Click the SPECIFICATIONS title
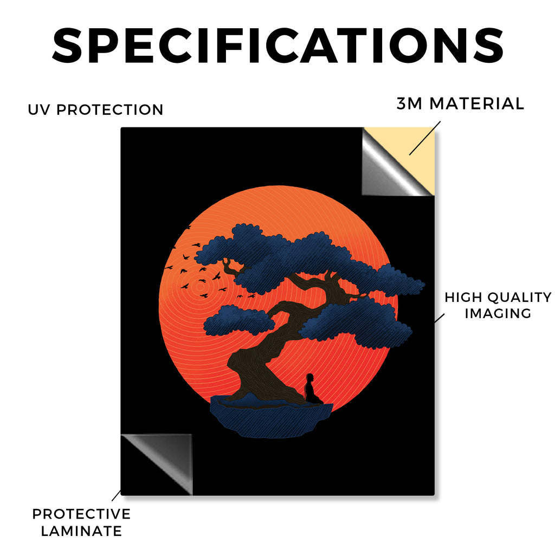[x=278, y=46]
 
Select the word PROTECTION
[x=109, y=109]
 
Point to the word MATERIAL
[x=476, y=104]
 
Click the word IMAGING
[x=498, y=313]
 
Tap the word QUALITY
[x=520, y=298]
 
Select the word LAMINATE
[x=81, y=531]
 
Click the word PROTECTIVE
[x=81, y=514]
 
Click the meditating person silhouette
[x=312, y=389]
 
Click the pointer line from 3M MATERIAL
[x=425, y=138]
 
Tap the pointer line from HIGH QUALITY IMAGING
[x=439, y=318]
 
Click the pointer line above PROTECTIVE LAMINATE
[x=116, y=495]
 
